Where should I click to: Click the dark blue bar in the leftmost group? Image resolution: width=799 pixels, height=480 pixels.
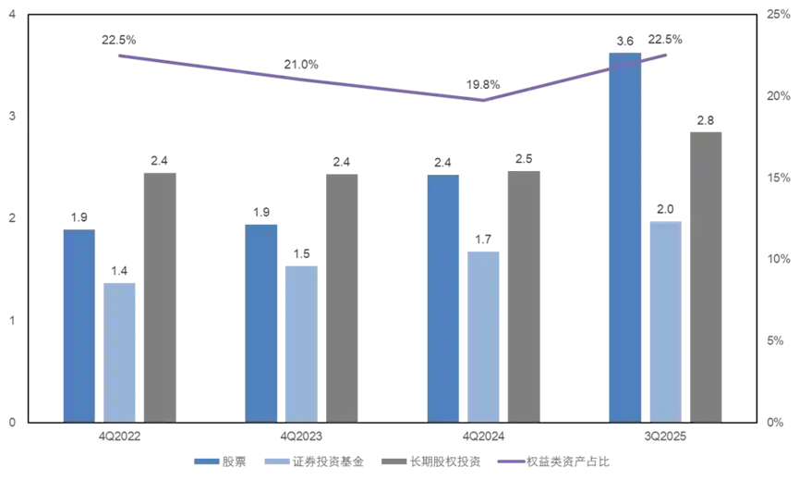click(x=78, y=326)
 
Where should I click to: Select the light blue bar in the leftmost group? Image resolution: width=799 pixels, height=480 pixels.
click(x=121, y=351)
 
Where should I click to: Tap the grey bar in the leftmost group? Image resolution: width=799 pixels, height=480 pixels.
click(x=159, y=296)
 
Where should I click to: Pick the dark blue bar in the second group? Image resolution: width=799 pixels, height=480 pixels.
click(x=261, y=322)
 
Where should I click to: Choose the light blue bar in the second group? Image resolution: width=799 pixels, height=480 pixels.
click(x=298, y=340)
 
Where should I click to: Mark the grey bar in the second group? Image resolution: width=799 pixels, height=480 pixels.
click(x=343, y=296)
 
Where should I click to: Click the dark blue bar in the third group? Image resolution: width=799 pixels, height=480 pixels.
click(x=442, y=297)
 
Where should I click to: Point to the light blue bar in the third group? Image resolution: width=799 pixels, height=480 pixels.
click(x=483, y=334)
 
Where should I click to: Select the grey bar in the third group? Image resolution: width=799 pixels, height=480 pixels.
click(x=525, y=296)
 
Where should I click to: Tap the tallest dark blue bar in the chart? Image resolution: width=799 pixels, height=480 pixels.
click(x=624, y=237)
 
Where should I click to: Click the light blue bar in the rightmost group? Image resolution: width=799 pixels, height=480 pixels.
click(x=665, y=319)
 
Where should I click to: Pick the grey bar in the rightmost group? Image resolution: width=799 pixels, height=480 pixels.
click(x=706, y=274)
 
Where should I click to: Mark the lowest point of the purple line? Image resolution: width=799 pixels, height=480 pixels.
click(x=484, y=98)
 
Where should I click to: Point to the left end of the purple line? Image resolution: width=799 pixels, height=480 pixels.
click(x=114, y=53)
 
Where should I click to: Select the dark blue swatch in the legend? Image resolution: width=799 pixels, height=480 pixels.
click(x=206, y=460)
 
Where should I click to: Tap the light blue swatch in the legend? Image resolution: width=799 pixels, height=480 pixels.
click(x=274, y=460)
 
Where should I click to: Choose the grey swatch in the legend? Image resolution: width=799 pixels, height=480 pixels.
click(x=393, y=460)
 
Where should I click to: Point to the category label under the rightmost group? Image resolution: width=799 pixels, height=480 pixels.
click(x=665, y=436)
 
